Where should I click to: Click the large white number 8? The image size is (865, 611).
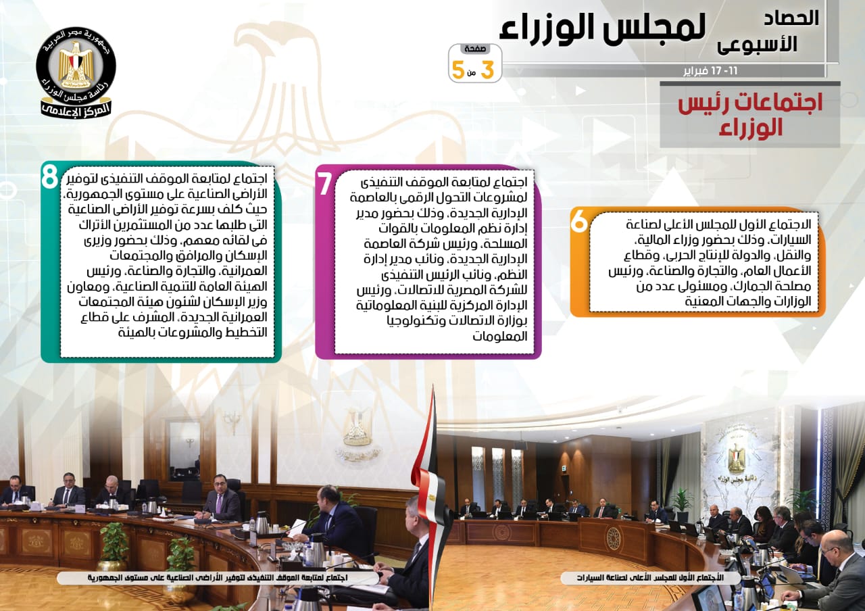(49, 177)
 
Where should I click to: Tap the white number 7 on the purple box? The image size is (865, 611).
(324, 184)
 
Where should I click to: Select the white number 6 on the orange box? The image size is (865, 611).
(579, 222)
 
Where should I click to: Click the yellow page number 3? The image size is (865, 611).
(488, 70)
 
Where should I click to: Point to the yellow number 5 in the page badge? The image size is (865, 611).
(458, 70)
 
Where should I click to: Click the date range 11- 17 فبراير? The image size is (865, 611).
(710, 72)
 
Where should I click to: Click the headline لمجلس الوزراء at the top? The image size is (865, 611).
(602, 28)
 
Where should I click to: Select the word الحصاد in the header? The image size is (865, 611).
(791, 18)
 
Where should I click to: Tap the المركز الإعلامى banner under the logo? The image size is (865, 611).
(76, 109)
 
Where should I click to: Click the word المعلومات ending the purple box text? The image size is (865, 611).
(499, 336)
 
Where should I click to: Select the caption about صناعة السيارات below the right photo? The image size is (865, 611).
(650, 578)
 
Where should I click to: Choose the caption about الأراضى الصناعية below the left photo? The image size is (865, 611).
(218, 577)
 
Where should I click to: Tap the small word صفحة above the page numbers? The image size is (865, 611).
(475, 49)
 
